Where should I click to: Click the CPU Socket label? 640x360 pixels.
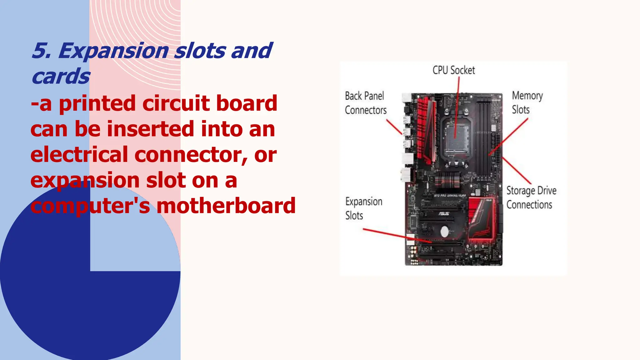453,70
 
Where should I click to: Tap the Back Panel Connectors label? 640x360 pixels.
365,103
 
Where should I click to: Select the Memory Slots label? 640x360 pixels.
527,102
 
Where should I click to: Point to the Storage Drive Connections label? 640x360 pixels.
531,197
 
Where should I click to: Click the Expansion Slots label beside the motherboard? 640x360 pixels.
363,208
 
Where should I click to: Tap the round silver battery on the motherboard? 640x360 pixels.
444,232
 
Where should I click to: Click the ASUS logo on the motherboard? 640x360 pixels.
443,214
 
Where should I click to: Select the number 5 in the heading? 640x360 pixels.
40,51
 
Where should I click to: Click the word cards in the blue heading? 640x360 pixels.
61,76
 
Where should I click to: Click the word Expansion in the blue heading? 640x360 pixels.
113,51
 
